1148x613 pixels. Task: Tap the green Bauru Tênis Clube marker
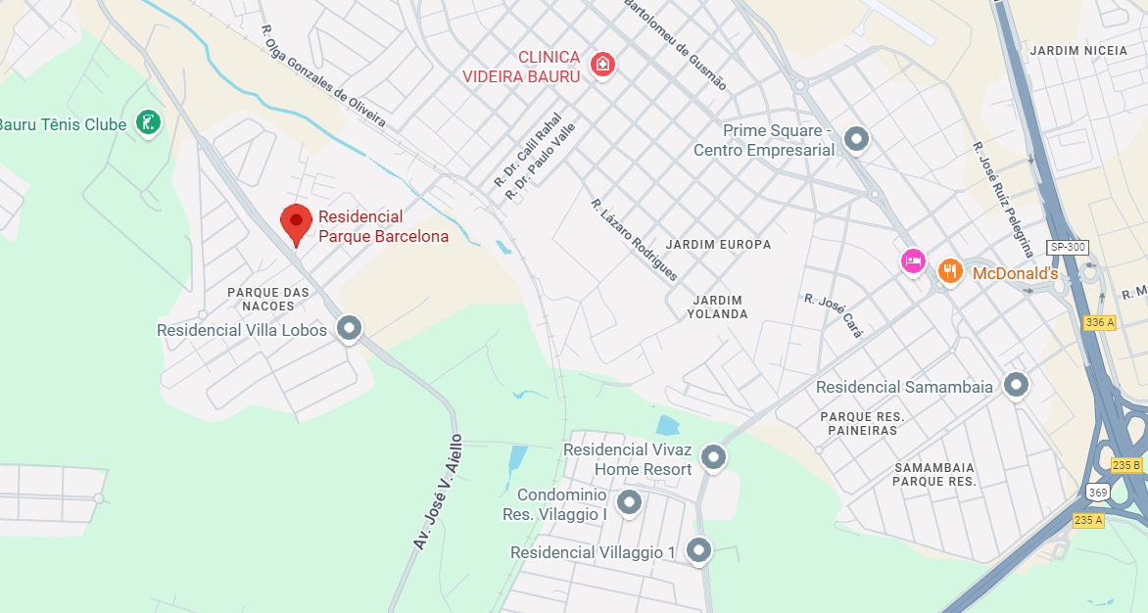coord(149,122)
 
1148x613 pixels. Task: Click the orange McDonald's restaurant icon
coord(949,271)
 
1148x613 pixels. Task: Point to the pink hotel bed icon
coord(913,260)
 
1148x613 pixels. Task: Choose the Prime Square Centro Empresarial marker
coord(857,139)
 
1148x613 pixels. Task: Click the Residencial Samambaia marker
coord(1016,385)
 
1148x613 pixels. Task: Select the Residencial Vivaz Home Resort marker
coord(714,456)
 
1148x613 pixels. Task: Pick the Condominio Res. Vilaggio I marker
coord(629,502)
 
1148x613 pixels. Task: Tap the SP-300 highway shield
coord(1067,247)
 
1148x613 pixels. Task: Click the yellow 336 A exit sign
coord(1099,322)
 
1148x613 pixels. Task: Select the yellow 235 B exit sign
coord(1126,464)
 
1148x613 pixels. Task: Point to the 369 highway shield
coord(1097,492)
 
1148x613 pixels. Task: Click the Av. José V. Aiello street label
coord(438,491)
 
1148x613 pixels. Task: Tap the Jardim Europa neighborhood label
coord(718,244)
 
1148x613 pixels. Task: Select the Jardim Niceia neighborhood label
coord(1078,51)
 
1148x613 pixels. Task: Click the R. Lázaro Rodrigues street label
coord(634,239)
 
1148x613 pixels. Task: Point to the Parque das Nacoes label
coord(268,299)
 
